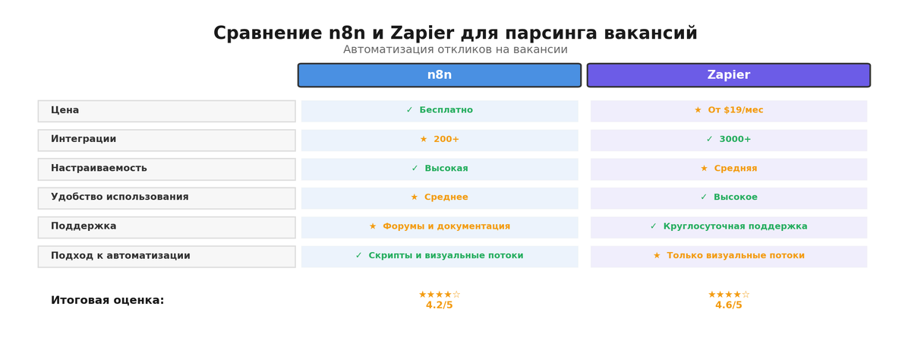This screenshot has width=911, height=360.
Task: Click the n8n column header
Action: click(439, 75)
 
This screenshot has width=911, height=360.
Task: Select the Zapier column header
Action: click(728, 75)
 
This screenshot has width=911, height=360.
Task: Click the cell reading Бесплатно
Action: click(440, 111)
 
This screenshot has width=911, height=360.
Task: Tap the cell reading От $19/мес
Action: click(729, 111)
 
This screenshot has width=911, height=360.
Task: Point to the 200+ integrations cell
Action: click(440, 140)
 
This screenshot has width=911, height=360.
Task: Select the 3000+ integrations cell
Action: click(729, 140)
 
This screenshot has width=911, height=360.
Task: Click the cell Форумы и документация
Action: click(440, 226)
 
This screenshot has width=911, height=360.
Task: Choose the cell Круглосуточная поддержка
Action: click(729, 226)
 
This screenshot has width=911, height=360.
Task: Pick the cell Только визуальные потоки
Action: click(729, 256)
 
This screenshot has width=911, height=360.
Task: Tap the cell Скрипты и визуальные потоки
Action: click(440, 256)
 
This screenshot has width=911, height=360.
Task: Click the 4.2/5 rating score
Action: click(439, 305)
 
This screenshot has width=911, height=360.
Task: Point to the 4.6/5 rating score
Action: click(728, 305)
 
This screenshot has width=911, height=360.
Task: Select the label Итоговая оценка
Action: click(107, 301)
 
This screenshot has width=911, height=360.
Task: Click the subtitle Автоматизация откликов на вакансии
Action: click(455, 50)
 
